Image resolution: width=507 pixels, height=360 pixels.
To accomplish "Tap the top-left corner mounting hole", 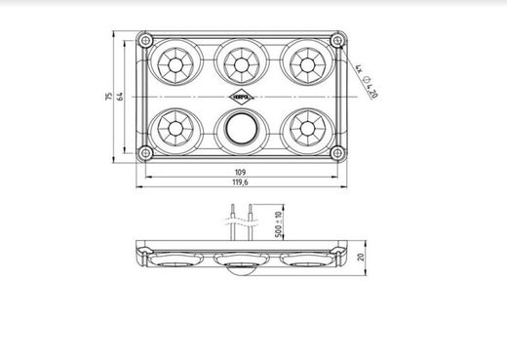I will [x=145, y=41].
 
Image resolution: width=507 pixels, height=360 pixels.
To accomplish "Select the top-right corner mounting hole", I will [x=336, y=41].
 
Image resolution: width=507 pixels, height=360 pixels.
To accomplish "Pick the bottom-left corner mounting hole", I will [x=145, y=153].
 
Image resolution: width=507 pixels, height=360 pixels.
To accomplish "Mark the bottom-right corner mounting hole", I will [x=336, y=153].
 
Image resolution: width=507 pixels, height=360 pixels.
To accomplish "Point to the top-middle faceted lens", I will [x=240, y=64].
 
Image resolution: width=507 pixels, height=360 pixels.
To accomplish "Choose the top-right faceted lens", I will [x=305, y=64].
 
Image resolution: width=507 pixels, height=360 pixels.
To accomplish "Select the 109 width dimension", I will [x=240, y=174].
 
